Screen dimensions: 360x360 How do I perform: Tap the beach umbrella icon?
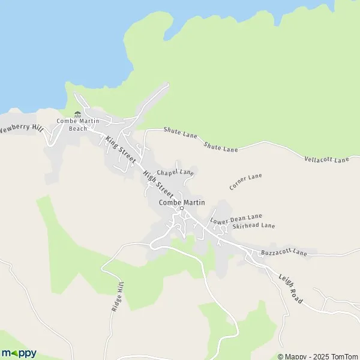click(77, 114)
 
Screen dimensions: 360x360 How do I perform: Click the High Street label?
click(158, 185)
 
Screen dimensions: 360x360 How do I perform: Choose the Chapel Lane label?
click(175, 173)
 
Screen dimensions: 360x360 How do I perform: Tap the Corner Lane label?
click(246, 182)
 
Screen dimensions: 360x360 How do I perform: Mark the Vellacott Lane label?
click(327, 160)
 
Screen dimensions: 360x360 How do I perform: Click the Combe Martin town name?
click(182, 202)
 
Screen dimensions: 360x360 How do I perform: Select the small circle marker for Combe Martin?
click(181, 209)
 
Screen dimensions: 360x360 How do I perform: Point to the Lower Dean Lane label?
click(236, 218)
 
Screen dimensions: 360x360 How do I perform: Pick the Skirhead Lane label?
click(254, 226)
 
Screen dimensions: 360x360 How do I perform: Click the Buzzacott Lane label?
click(284, 254)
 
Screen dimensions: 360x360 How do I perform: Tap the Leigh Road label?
click(290, 287)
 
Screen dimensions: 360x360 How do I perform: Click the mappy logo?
click(19, 353)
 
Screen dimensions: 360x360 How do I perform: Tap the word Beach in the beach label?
click(78, 128)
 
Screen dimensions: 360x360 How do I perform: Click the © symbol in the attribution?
click(281, 355)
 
